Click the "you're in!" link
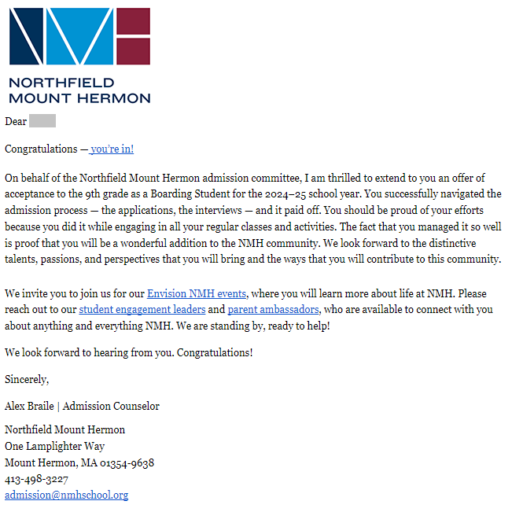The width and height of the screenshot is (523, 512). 112,149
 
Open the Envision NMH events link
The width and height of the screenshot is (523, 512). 197,293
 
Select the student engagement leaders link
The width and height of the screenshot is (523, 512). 142,309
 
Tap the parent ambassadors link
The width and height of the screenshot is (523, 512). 273,309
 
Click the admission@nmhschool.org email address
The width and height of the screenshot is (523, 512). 66,495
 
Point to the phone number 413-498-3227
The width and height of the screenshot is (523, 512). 36,479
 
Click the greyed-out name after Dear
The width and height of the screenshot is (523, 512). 42,121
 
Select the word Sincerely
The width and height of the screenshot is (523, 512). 26,379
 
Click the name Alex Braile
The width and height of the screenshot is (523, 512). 29,407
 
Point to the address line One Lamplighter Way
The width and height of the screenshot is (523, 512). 54,446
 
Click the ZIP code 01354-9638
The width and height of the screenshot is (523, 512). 127,462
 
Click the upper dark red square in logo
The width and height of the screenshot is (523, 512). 134,20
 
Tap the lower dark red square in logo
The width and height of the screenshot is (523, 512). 134,51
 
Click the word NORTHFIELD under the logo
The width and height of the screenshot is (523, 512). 61,83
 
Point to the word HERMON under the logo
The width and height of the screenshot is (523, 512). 116,98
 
